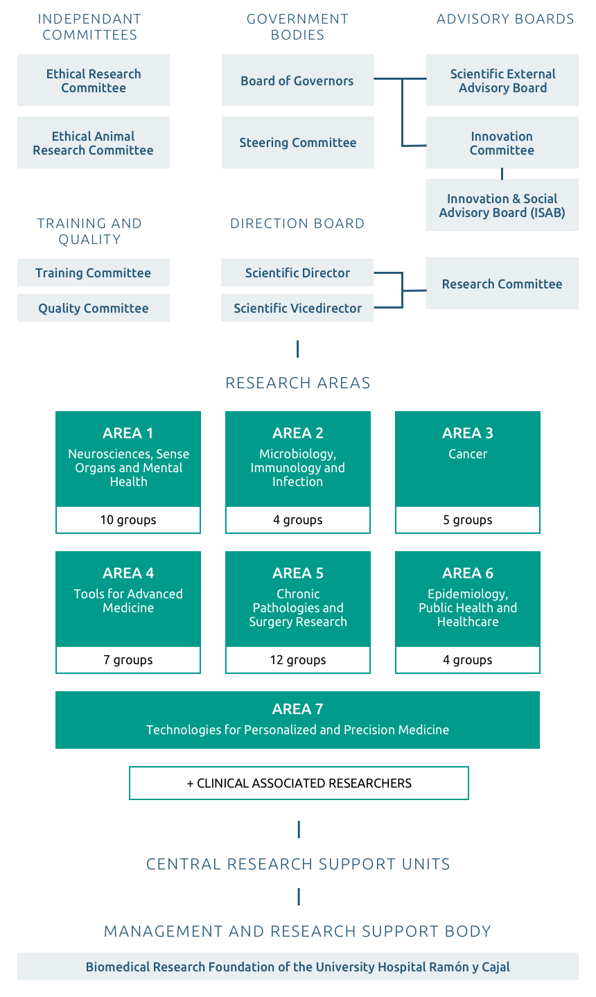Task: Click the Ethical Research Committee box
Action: pyautogui.click(x=94, y=80)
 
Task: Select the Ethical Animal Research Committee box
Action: pyautogui.click(x=94, y=142)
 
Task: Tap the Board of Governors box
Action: pyautogui.click(x=297, y=80)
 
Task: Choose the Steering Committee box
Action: pyautogui.click(x=297, y=142)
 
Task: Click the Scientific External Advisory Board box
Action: pyautogui.click(x=502, y=80)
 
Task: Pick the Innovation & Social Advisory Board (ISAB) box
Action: pyautogui.click(x=502, y=205)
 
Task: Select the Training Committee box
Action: pyautogui.click(x=94, y=272)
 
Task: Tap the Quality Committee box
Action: pyautogui.click(x=94, y=308)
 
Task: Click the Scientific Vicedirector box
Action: pyautogui.click(x=297, y=308)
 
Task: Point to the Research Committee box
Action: pyautogui.click(x=502, y=283)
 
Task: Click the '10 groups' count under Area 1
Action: pyautogui.click(x=128, y=520)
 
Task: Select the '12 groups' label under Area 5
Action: pyautogui.click(x=298, y=659)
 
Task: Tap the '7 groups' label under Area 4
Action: pyautogui.click(x=128, y=659)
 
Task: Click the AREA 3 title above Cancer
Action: pyautogui.click(x=468, y=433)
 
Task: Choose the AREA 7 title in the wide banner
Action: pyautogui.click(x=297, y=709)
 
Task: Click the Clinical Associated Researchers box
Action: pyautogui.click(x=299, y=783)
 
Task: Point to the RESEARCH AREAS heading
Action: pyautogui.click(x=297, y=383)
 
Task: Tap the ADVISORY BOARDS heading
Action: pyautogui.click(x=505, y=19)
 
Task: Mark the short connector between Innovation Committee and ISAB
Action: pyautogui.click(x=502, y=173)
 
